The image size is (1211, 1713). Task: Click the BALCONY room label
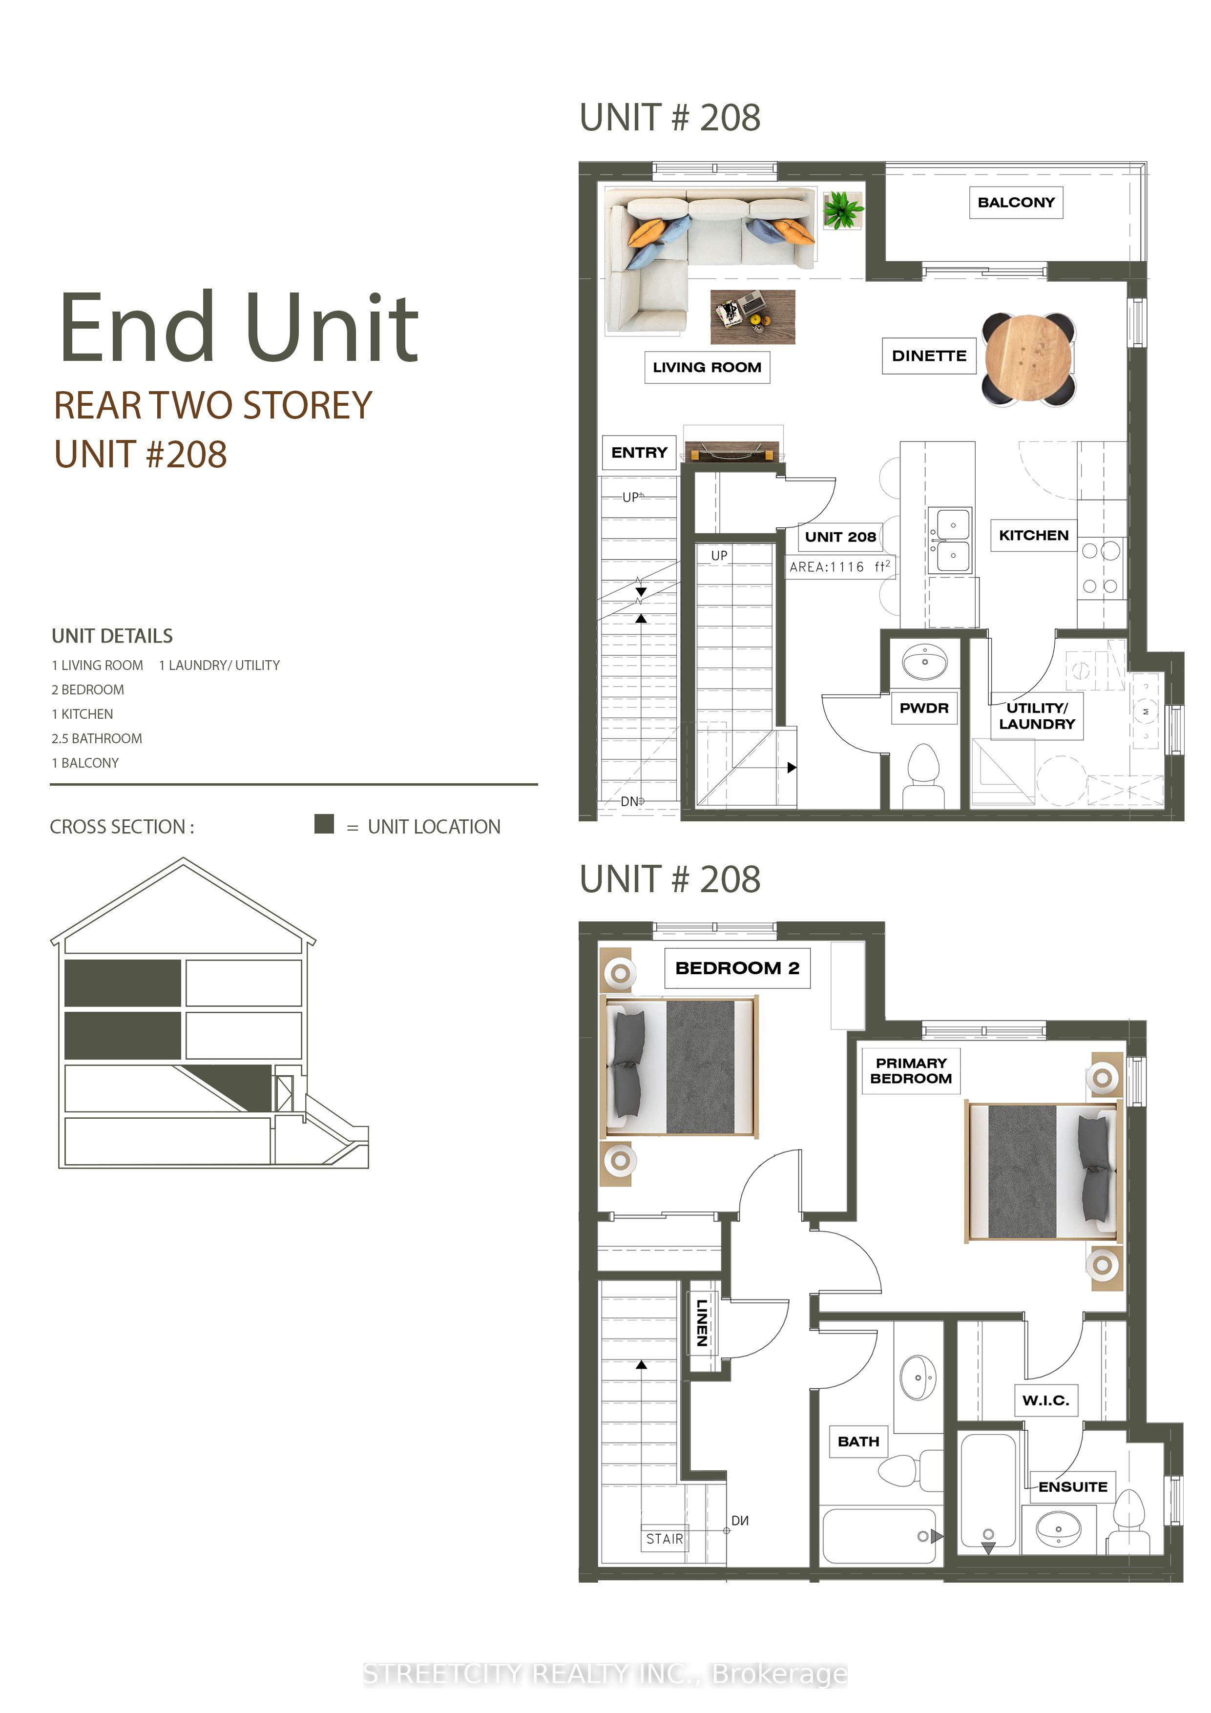tap(1016, 202)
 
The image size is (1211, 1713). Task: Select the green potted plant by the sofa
tap(843, 209)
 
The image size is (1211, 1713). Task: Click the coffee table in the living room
tap(752, 317)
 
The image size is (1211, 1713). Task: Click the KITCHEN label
tap(1033, 535)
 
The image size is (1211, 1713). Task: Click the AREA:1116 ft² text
tap(839, 566)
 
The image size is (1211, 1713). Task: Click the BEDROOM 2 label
tap(737, 968)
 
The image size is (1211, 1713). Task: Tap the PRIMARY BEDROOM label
tap(910, 1070)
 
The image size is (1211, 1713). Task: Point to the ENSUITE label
tap(1073, 1486)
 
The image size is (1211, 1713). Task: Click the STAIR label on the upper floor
tap(664, 1538)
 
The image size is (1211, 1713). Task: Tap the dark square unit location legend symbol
tap(324, 824)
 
